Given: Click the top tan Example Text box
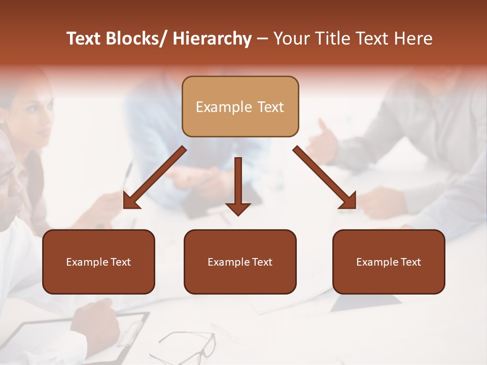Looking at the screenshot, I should [240, 106].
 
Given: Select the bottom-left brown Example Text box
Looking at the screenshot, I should [98, 262].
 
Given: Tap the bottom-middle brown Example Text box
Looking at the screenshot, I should [240, 262].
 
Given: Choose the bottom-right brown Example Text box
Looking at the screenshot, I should [389, 262].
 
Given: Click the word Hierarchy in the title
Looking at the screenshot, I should [212, 39].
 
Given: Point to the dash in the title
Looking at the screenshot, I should [262, 39].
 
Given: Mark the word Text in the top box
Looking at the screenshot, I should [268, 107].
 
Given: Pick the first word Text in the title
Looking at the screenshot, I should [84, 39].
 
